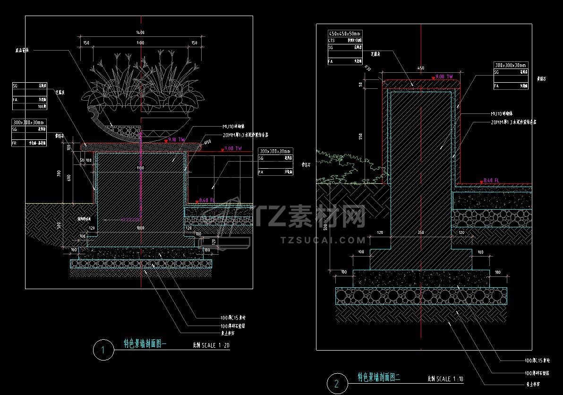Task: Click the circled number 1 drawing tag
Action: tap(103, 350)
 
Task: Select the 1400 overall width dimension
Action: tap(140, 32)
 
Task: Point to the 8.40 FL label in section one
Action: tap(207, 200)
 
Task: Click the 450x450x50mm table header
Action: tap(345, 34)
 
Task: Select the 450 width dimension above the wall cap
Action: tap(421, 68)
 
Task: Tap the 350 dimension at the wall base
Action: tap(420, 232)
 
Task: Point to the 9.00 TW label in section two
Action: tap(444, 77)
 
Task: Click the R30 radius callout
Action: tap(368, 69)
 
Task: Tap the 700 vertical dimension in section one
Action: tap(59, 173)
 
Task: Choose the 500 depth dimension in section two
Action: tap(325, 227)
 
